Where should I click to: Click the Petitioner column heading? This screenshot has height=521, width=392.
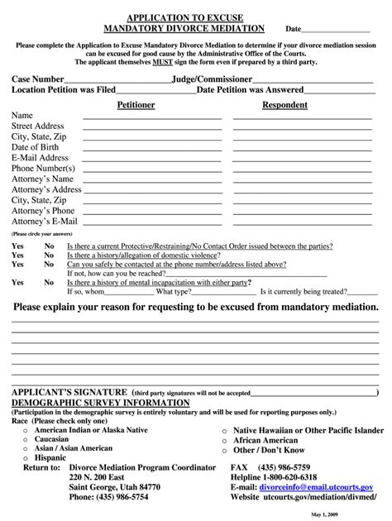[135, 105]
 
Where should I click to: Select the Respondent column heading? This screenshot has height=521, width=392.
[284, 105]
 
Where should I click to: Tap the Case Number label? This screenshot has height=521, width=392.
[37, 79]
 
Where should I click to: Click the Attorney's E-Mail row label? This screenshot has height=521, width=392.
[44, 222]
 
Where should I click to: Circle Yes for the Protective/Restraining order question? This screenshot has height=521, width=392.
[17, 246]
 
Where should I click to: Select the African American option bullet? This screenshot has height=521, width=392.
[224, 441]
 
